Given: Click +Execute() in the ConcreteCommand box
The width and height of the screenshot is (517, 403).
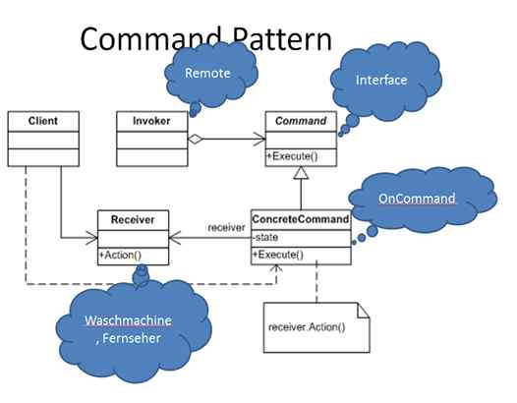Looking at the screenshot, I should pyautogui.click(x=279, y=255).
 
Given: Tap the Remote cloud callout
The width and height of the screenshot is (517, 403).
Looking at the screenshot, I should pyautogui.click(x=209, y=72).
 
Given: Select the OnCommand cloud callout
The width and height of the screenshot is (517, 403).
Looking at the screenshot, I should pyautogui.click(x=418, y=199).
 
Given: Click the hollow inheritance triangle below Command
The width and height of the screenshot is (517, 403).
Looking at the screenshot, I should pyautogui.click(x=300, y=173).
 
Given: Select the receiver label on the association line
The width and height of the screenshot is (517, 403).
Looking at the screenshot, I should pyautogui.click(x=226, y=227).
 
